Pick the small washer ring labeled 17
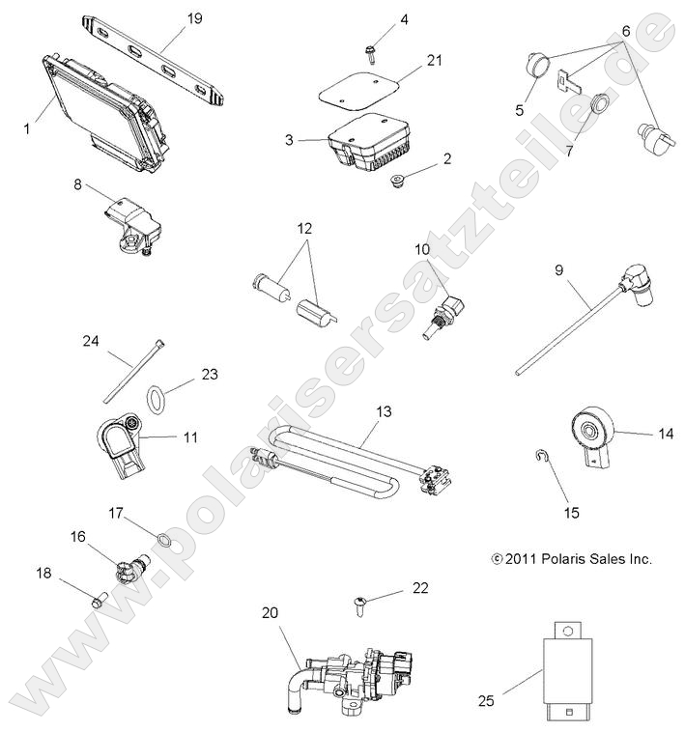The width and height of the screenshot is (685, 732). (165, 539)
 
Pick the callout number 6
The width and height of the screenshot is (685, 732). (626, 31)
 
